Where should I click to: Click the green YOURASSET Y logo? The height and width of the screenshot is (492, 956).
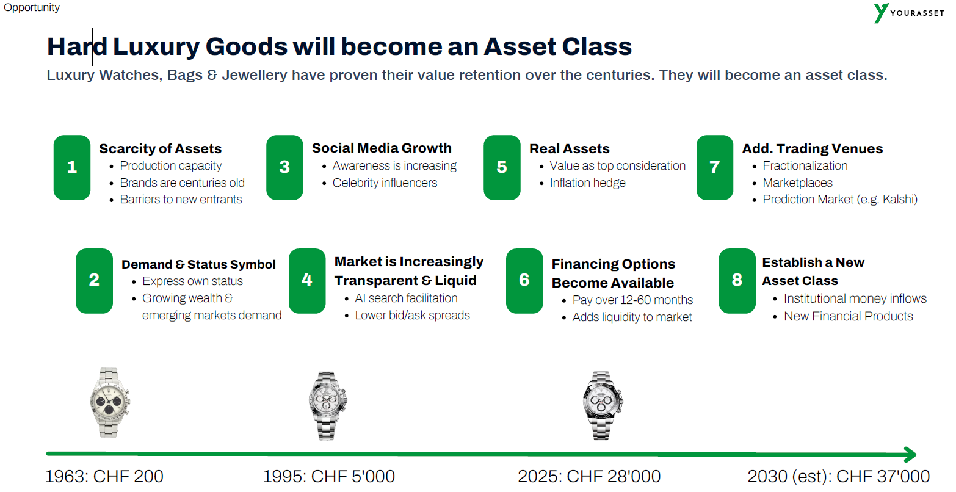tap(880, 13)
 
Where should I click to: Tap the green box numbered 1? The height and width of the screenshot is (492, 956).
tap(71, 167)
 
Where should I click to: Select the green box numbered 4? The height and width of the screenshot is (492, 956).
tap(307, 281)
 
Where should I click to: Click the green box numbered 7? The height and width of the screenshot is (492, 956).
tap(714, 167)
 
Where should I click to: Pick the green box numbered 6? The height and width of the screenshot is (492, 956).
tap(524, 281)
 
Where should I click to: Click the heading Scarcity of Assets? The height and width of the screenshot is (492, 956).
tap(160, 148)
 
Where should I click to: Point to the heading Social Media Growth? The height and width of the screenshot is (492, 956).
tap(382, 148)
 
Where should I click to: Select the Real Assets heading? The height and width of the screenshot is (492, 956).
tap(570, 148)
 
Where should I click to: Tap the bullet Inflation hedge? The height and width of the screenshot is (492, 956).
tap(587, 183)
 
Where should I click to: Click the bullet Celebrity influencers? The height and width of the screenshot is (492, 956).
tap(385, 183)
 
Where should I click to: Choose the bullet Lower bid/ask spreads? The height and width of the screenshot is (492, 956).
tap(412, 315)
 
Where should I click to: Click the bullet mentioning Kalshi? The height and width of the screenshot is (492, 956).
tap(840, 199)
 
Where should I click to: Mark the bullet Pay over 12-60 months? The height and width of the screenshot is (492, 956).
tap(632, 300)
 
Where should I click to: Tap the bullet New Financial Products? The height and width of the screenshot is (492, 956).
tap(848, 316)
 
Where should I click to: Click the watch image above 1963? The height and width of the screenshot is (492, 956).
tap(110, 402)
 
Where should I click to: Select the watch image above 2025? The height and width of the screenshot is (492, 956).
tap(602, 405)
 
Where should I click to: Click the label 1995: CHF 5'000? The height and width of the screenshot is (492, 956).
tap(328, 476)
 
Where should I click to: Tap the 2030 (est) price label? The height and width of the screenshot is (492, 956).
tap(838, 476)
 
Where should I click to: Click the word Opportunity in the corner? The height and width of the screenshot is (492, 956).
tap(32, 8)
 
